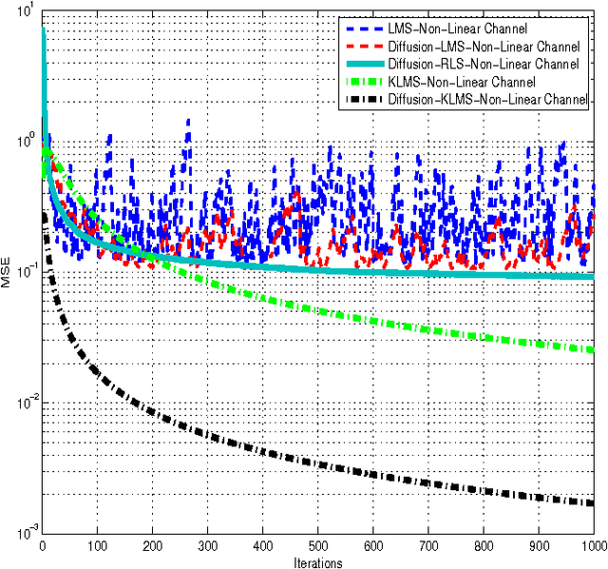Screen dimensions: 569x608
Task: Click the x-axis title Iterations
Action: (318, 561)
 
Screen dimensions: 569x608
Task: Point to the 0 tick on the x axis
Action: (43, 546)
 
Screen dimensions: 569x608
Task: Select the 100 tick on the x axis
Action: (98, 546)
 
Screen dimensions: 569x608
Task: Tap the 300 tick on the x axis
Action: (208, 546)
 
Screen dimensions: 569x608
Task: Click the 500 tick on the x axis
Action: (318, 546)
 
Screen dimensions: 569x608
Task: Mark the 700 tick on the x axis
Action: (428, 546)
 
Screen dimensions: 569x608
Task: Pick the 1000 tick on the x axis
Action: (592, 546)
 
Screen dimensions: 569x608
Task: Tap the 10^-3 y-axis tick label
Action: (24, 532)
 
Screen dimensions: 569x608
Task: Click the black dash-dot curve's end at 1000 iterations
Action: (593, 503)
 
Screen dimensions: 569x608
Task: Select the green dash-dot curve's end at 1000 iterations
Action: (593, 350)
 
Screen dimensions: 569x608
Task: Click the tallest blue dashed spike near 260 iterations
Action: (188, 122)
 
